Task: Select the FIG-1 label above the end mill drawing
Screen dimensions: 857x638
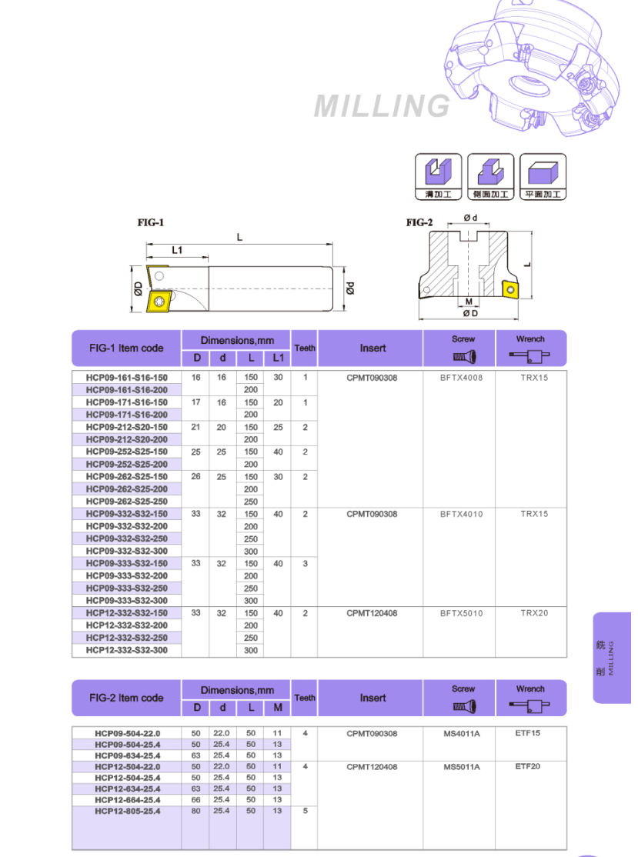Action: tap(151, 222)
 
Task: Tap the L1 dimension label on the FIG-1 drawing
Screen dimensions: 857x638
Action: tap(177, 250)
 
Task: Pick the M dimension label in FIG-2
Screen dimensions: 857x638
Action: tap(469, 301)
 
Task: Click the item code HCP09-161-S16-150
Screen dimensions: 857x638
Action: tap(126, 378)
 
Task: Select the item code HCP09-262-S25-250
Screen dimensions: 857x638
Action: tap(126, 502)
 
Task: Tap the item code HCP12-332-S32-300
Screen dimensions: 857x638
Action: tap(126, 650)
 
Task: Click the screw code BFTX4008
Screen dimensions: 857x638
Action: tap(462, 378)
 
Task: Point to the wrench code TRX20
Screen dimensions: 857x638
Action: tap(530, 613)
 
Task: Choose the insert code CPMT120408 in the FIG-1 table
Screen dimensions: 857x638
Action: tap(372, 613)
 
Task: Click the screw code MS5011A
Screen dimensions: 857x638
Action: tap(462, 767)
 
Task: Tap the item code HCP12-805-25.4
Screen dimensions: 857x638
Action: tap(128, 811)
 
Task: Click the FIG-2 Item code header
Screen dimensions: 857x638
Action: tap(126, 698)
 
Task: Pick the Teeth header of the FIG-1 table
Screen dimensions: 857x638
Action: tap(305, 348)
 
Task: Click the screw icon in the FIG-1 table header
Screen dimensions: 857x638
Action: tap(463, 356)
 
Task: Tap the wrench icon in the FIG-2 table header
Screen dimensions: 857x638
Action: tap(530, 704)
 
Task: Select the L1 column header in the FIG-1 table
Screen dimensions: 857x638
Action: tap(277, 358)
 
